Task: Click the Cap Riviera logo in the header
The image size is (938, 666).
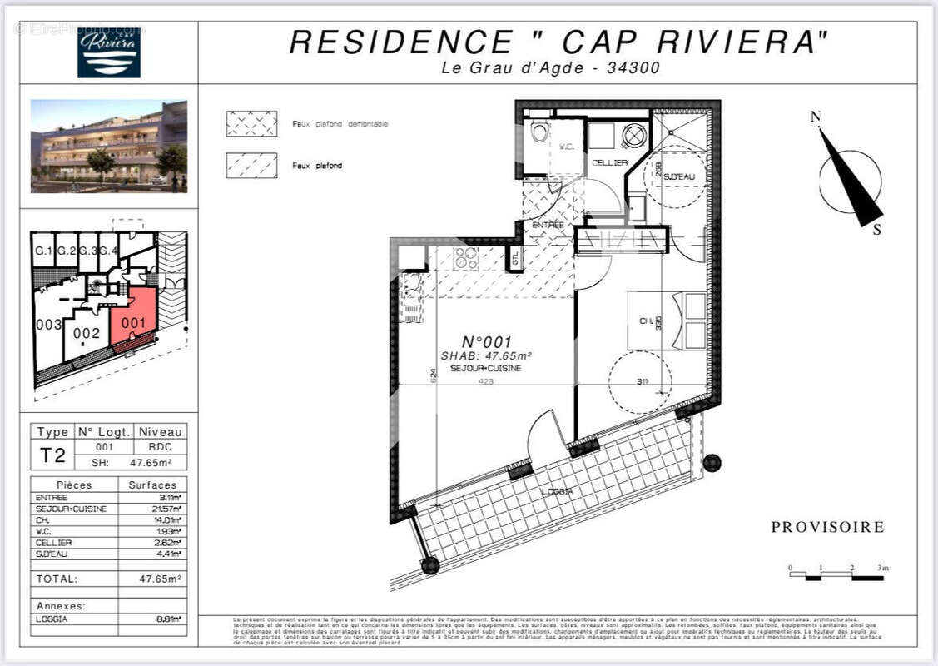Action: [x=108, y=52]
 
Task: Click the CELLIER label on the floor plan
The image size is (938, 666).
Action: [x=610, y=163]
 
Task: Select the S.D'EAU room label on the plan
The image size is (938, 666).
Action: [x=680, y=177]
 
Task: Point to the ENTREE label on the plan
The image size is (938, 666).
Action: [x=547, y=226]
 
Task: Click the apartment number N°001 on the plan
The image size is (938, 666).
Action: [x=486, y=341]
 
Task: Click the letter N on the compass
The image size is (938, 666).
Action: [x=816, y=117]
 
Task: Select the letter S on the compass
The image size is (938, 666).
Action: [x=876, y=231]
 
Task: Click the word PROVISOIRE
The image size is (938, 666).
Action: [x=827, y=527]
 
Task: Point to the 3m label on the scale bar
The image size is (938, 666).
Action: [x=883, y=568]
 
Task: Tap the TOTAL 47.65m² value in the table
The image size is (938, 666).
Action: [x=160, y=578]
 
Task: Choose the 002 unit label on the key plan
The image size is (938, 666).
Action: [x=86, y=333]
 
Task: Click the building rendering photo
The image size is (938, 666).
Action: [x=109, y=147]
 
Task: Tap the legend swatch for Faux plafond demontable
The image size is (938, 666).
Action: [x=251, y=123]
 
